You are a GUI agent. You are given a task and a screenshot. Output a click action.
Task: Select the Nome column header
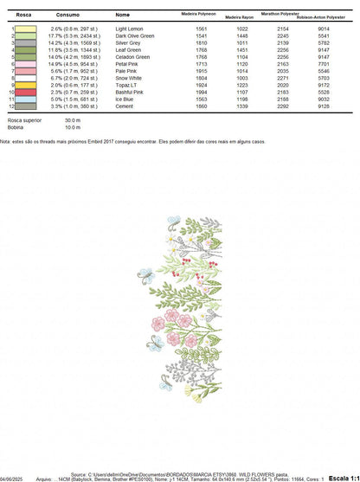pyautogui.click(x=122, y=15)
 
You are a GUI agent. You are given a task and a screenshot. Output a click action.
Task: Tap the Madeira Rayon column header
pyautogui.click(x=241, y=17)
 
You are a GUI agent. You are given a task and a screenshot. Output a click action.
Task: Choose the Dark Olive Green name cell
pyautogui.click(x=134, y=35)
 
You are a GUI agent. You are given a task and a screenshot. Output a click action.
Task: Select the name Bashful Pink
pyautogui.click(x=130, y=92)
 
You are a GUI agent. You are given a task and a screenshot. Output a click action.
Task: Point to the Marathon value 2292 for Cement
pyautogui.click(x=282, y=106)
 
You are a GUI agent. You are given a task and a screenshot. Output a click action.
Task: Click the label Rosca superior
pyautogui.click(x=21, y=119)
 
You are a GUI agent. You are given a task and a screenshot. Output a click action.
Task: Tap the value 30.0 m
pyautogui.click(x=72, y=119)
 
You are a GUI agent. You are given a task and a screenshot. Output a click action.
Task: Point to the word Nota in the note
pyautogui.click(x=6, y=138)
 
